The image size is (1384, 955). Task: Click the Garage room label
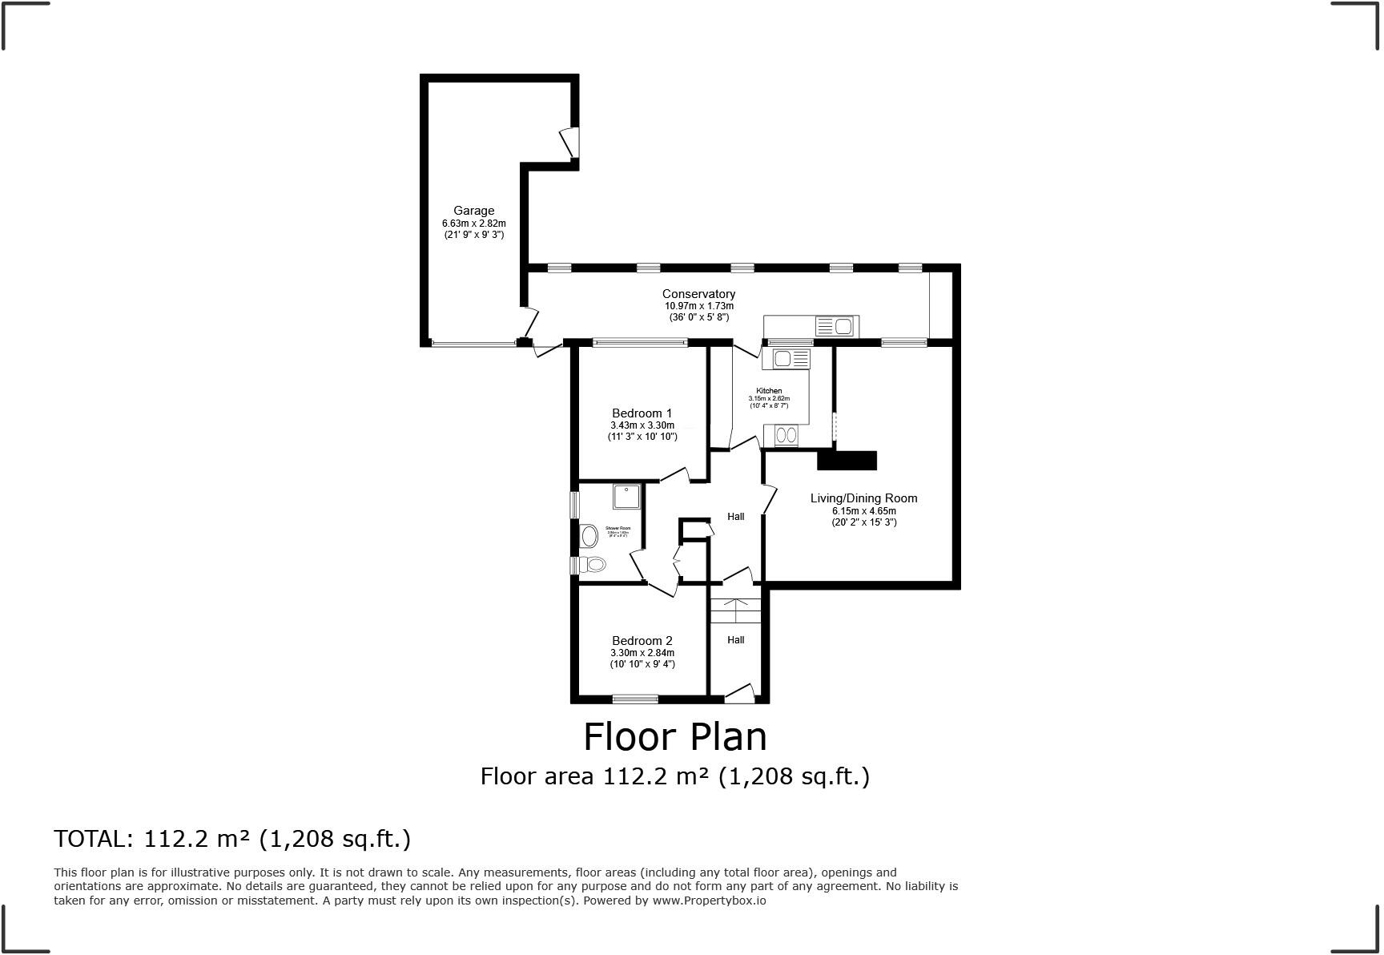click(473, 211)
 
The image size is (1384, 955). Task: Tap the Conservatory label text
click(698, 294)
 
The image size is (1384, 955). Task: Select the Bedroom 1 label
click(642, 413)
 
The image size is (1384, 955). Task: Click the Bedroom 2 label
click(642, 640)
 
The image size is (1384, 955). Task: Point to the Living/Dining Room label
click(863, 498)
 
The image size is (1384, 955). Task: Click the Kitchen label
click(769, 391)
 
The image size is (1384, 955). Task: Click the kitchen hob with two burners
click(787, 435)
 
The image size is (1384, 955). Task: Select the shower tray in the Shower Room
click(626, 497)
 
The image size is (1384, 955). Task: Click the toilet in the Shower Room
click(593, 565)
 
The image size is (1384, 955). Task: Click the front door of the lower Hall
click(739, 694)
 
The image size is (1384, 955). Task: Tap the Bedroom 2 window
click(635, 699)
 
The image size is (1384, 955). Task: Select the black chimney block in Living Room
click(847, 461)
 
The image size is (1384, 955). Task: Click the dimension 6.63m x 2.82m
click(473, 224)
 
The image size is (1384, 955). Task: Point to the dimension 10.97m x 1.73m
click(698, 306)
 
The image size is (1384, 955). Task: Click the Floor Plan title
click(674, 736)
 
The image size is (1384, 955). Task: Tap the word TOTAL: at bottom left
click(93, 839)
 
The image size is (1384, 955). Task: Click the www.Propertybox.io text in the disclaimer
click(709, 901)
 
